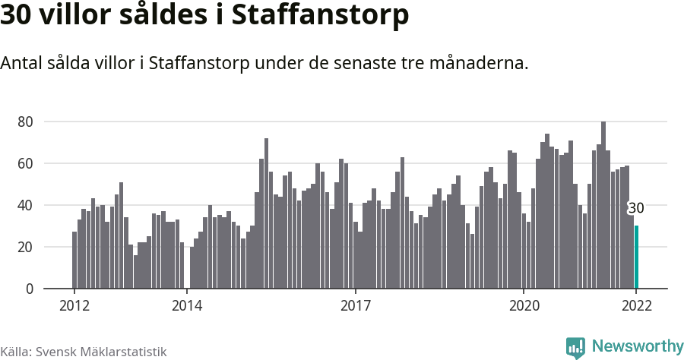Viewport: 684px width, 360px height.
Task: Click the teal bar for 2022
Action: (636, 257)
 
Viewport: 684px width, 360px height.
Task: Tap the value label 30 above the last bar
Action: (636, 208)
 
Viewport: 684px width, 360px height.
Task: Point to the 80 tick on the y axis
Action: (27, 122)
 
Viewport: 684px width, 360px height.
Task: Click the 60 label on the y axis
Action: (27, 163)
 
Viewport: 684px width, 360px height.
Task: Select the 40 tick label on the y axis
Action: (27, 205)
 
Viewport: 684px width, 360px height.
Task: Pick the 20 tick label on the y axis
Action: (27, 247)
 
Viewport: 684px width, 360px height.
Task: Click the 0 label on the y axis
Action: (30, 289)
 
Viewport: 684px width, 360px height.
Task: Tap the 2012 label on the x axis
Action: (74, 306)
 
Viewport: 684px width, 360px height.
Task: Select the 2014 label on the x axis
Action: (187, 306)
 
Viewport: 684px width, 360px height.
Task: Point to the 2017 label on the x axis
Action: (355, 306)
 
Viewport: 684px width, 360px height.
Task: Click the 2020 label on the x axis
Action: (524, 306)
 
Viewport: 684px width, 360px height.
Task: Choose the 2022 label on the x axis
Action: (636, 306)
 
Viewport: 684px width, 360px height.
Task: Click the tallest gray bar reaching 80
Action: (603, 205)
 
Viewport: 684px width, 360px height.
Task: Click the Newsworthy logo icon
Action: (575, 347)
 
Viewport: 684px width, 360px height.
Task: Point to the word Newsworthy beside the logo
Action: (637, 346)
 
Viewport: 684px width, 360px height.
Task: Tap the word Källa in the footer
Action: (16, 352)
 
